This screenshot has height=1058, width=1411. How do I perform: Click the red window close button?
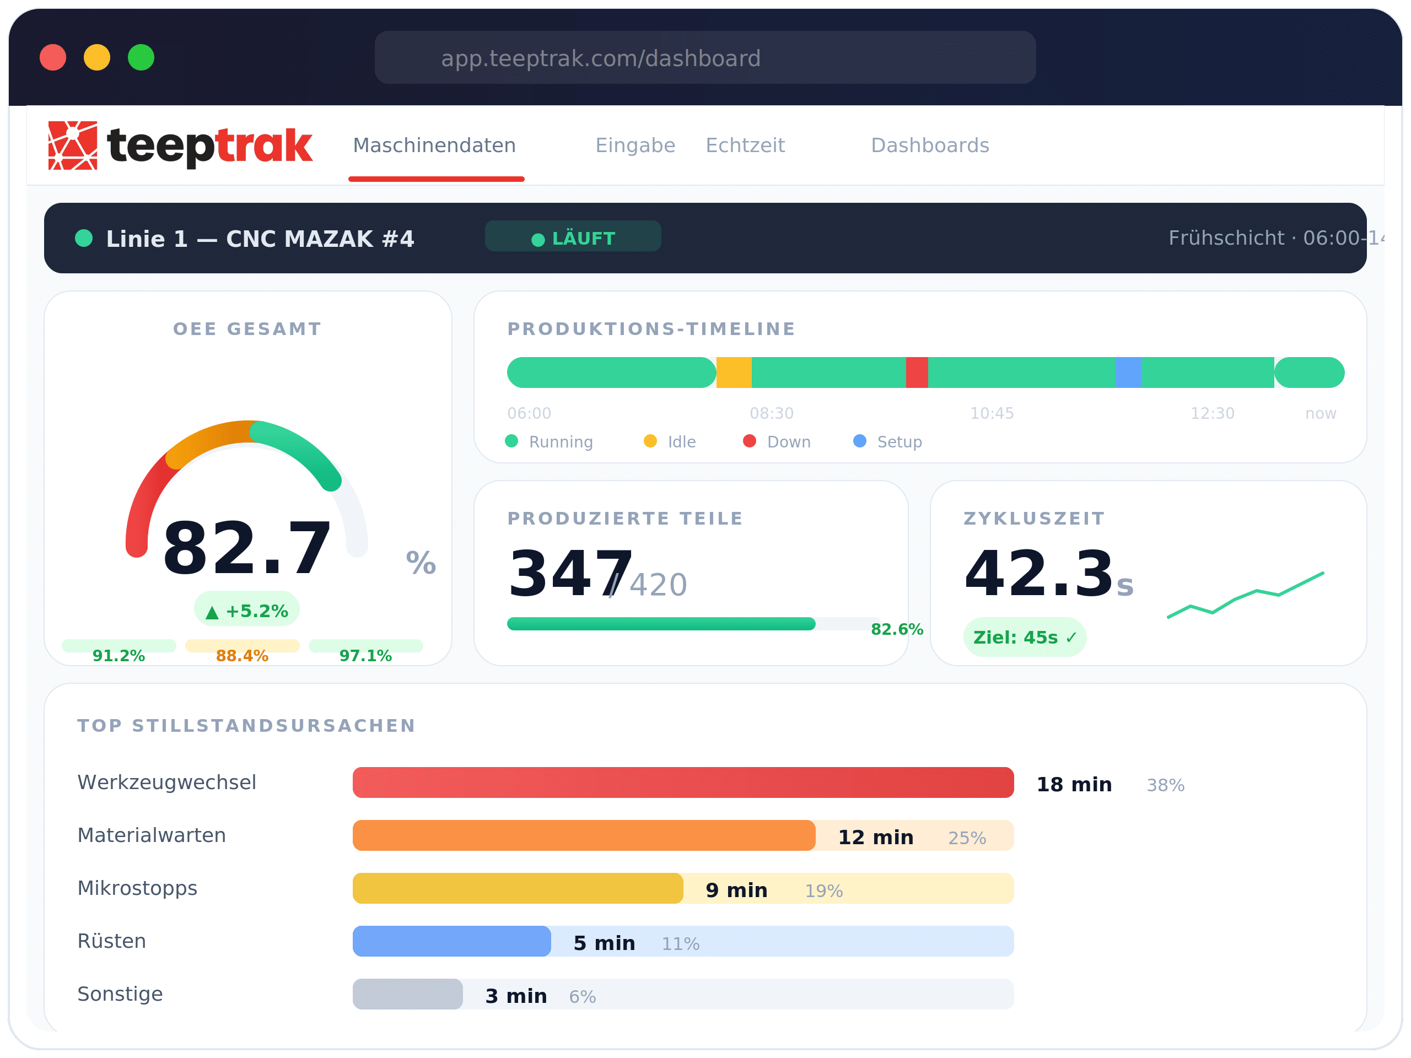tap(53, 57)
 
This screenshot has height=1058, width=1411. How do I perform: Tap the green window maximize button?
tap(141, 57)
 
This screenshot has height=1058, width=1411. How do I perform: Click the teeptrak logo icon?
tap(73, 145)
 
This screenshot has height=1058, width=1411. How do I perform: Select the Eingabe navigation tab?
tap(635, 145)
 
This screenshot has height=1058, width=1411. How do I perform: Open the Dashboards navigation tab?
tap(929, 145)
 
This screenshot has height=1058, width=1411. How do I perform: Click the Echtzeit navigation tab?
tap(745, 145)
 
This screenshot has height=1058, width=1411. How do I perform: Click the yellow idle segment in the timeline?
tap(734, 373)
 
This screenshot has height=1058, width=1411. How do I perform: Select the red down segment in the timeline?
tap(917, 373)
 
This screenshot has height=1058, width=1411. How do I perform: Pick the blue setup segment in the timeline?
tap(1128, 373)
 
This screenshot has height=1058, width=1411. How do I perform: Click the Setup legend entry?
tap(888, 441)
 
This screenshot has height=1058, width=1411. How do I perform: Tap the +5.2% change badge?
tap(247, 611)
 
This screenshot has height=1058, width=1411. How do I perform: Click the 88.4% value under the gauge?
tap(242, 655)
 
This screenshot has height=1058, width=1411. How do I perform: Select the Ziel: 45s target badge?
tap(1025, 637)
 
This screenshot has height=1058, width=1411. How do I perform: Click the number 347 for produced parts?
tap(569, 574)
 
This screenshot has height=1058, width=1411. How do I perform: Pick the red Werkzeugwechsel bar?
tap(682, 782)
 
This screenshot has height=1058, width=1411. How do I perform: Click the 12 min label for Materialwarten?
tap(875, 836)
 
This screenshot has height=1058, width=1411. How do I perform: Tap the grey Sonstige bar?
tap(408, 994)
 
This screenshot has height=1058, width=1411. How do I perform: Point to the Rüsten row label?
tap(112, 941)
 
